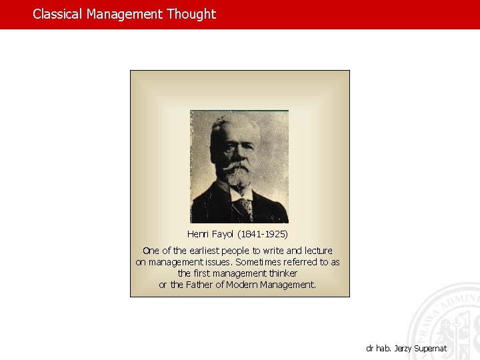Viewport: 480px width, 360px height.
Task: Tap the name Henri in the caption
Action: [x=198, y=235]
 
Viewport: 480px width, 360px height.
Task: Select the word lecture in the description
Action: [x=318, y=251]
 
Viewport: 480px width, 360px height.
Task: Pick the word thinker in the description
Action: [x=283, y=273]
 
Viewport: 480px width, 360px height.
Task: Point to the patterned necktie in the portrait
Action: [x=244, y=209]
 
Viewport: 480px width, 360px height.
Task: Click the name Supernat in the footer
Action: [x=430, y=349]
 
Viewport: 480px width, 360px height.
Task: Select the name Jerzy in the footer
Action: [x=402, y=349]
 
